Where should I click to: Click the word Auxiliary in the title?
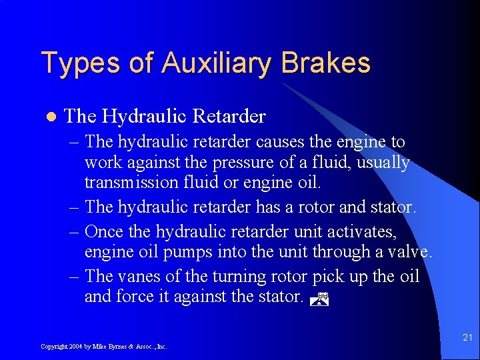(217, 63)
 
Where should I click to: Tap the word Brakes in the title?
(326, 63)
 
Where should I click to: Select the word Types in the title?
(81, 63)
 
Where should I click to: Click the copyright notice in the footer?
(103, 346)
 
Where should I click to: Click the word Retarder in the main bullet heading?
(229, 117)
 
